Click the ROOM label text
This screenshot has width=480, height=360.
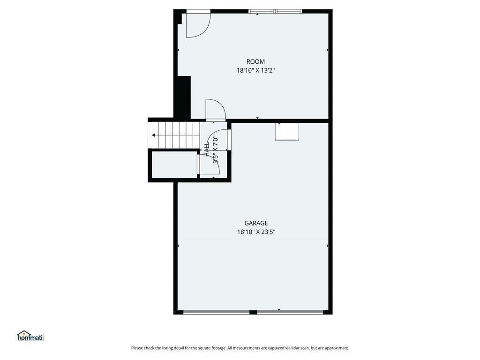click(x=255, y=61)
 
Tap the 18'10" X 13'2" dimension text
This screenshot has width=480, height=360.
click(x=255, y=70)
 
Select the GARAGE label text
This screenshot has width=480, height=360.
click(x=256, y=223)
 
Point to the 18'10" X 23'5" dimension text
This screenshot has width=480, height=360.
click(x=256, y=232)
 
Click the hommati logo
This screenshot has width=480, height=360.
click(x=31, y=336)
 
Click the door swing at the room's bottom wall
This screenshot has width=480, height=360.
click(x=216, y=109)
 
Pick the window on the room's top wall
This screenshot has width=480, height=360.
click(x=275, y=11)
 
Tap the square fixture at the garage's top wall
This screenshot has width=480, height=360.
click(x=287, y=132)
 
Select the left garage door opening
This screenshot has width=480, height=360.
click(x=216, y=312)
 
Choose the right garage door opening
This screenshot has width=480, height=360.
click(x=290, y=312)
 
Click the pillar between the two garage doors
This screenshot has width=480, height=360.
click(x=253, y=312)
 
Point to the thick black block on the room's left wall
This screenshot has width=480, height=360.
click(x=183, y=97)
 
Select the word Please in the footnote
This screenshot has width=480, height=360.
click(x=137, y=348)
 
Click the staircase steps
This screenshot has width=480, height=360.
click(x=174, y=135)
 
